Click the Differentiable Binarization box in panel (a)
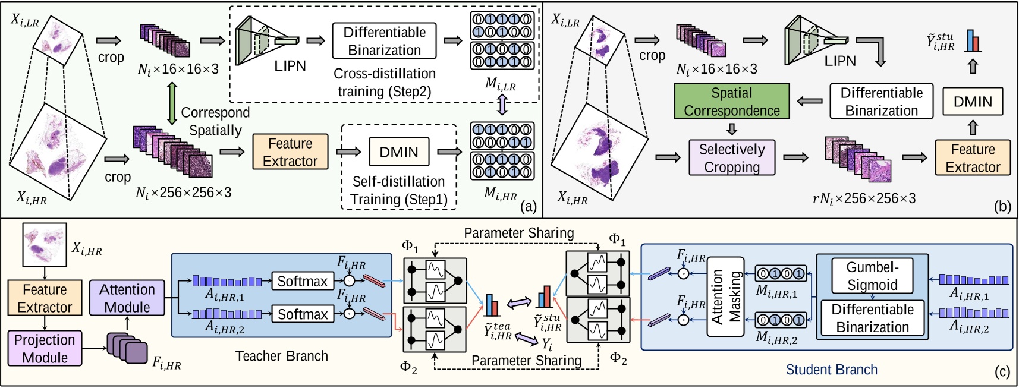(x=384, y=41)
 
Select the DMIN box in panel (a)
(x=399, y=152)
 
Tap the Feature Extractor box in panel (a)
(x=290, y=152)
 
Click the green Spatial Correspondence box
(x=731, y=102)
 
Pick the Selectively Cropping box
(x=731, y=158)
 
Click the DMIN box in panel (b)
(x=973, y=102)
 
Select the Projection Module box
(x=45, y=348)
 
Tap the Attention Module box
(x=127, y=298)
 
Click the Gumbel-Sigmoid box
(x=872, y=276)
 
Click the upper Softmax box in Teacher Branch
(x=302, y=281)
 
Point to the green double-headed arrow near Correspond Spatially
(x=172, y=103)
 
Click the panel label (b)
(x=1002, y=206)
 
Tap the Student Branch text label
(x=831, y=370)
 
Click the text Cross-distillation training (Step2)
(x=385, y=83)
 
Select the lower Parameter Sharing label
(x=526, y=361)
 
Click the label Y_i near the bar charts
(x=546, y=343)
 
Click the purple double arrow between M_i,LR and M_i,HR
(x=503, y=105)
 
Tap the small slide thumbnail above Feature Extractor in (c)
(x=44, y=244)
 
